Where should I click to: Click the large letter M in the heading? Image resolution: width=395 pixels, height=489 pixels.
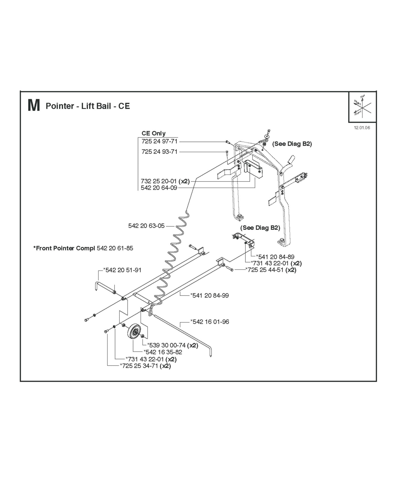click(x=34, y=106)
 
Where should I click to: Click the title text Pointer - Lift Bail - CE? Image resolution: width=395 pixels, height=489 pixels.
click(x=88, y=106)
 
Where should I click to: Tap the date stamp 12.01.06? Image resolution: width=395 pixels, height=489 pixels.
click(x=362, y=128)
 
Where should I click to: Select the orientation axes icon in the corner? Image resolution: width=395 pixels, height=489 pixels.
click(x=362, y=107)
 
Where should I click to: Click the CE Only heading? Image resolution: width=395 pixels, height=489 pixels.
click(x=153, y=134)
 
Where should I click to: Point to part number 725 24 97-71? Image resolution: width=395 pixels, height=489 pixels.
click(x=159, y=141)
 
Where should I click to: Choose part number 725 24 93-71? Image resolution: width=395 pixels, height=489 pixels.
click(x=159, y=152)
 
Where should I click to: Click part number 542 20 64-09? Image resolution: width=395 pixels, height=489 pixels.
click(x=159, y=188)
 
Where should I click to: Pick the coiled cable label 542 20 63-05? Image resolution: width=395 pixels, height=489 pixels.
click(x=146, y=226)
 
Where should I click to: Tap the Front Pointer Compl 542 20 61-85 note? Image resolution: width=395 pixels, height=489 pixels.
click(x=83, y=248)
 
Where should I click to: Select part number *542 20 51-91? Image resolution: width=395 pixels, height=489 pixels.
click(x=122, y=270)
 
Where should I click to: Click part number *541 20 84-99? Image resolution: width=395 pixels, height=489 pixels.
click(x=209, y=295)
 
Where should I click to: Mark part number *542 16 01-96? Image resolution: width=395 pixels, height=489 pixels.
click(x=210, y=322)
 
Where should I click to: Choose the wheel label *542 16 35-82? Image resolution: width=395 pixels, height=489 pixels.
click(x=163, y=352)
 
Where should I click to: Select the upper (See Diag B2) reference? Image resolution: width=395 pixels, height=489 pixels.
click(x=292, y=144)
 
